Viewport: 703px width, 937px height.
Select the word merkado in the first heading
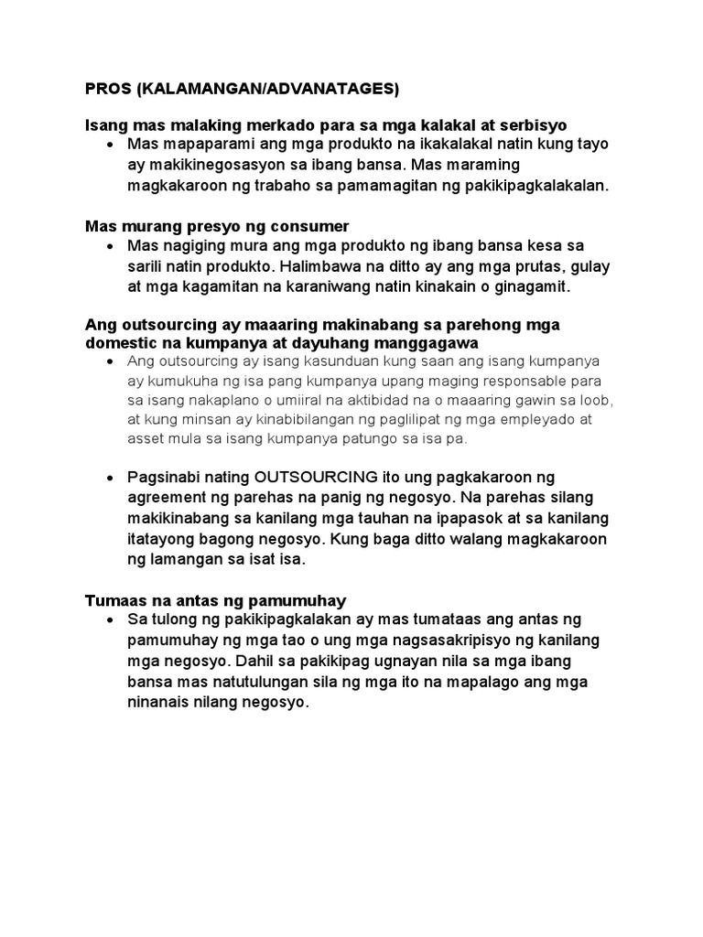[x=286, y=124]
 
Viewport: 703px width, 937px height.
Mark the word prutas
[x=547, y=266]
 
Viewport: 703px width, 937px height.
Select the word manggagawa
[x=438, y=343]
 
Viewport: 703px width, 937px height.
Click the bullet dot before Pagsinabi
[x=110, y=479]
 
